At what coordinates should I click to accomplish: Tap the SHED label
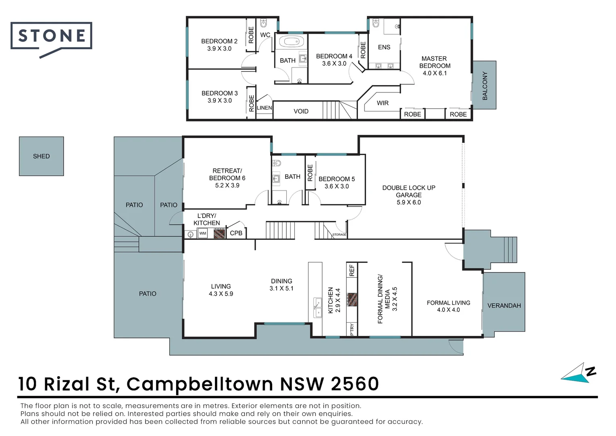pyautogui.click(x=41, y=156)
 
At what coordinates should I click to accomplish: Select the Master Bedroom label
pyautogui.click(x=435, y=62)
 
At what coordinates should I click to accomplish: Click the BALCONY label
pyautogui.click(x=485, y=86)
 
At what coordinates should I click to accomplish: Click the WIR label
pyautogui.click(x=383, y=103)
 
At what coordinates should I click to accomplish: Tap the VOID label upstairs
pyautogui.click(x=301, y=111)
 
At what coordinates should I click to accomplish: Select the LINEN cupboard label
pyautogui.click(x=264, y=108)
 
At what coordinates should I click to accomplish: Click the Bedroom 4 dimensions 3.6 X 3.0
pyautogui.click(x=334, y=63)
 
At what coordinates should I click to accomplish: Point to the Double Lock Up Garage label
pyautogui.click(x=409, y=191)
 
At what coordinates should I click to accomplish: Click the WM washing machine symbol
pyautogui.click(x=202, y=233)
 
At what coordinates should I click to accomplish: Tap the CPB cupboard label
pyautogui.click(x=236, y=233)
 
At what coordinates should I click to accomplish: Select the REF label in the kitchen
pyautogui.click(x=352, y=270)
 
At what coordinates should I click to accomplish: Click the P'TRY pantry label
pyautogui.click(x=352, y=329)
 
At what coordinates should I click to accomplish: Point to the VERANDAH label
pyautogui.click(x=504, y=306)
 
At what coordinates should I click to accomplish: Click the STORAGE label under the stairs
pyautogui.click(x=339, y=235)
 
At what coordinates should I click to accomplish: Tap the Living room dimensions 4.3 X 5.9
pyautogui.click(x=221, y=294)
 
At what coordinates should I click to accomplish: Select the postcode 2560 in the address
pyautogui.click(x=355, y=384)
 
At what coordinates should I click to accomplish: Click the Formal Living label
pyautogui.click(x=448, y=303)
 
